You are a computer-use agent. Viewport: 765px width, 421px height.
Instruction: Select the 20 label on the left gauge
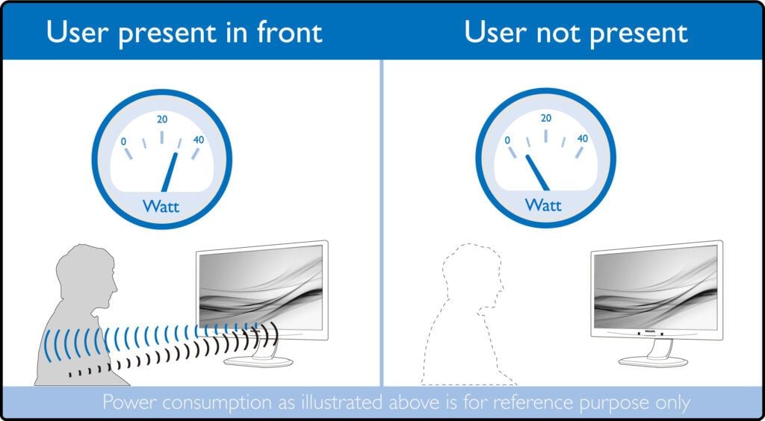click(162, 119)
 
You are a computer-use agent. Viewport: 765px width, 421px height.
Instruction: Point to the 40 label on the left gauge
click(199, 140)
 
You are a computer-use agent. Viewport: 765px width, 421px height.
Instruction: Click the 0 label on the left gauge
click(124, 141)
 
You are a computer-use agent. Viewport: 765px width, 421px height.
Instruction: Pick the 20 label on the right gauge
click(546, 118)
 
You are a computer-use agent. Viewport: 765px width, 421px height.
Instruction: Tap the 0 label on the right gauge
click(508, 140)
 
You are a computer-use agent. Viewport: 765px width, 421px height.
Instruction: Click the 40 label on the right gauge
click(583, 138)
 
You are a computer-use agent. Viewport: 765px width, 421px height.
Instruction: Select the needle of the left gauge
click(170, 172)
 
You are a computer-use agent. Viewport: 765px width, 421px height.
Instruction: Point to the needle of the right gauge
click(537, 172)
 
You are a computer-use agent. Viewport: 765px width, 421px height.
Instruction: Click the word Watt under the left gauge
click(161, 206)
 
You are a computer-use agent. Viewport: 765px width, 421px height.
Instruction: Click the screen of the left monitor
click(261, 287)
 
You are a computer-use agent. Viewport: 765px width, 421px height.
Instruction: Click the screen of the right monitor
click(656, 287)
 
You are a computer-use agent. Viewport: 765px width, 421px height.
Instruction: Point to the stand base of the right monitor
click(653, 361)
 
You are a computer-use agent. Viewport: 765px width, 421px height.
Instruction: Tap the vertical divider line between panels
click(382, 222)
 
